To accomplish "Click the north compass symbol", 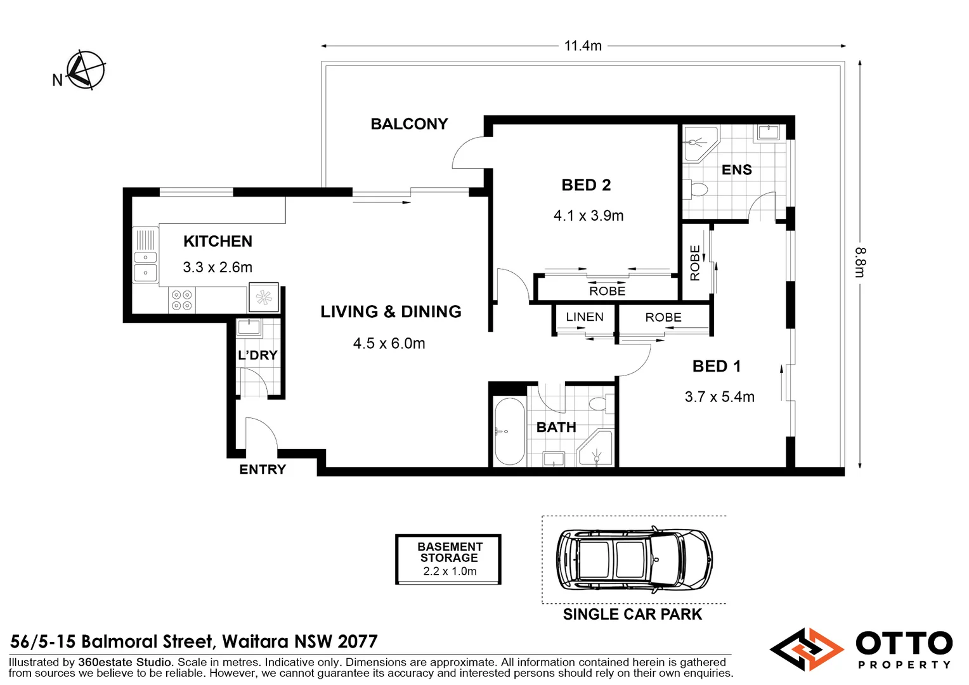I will tap(85, 70).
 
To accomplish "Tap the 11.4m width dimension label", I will tap(582, 46).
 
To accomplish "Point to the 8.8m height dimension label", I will tap(859, 262).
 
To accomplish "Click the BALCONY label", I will tap(409, 124).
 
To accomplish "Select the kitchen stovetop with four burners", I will tap(182, 300).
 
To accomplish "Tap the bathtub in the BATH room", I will tap(509, 431).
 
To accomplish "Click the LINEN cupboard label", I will tap(584, 317).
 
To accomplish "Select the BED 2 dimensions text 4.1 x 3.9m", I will tap(588, 216).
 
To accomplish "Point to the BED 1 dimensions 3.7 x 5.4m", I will tap(719, 397).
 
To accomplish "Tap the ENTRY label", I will tap(263, 469).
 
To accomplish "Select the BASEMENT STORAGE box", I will tap(448, 559).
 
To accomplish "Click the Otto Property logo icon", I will tap(806, 649).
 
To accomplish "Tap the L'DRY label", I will tap(257, 355).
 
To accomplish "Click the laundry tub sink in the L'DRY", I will tap(249, 328).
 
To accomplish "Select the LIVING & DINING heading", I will tap(391, 312).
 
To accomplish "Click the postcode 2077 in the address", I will tap(358, 642).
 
